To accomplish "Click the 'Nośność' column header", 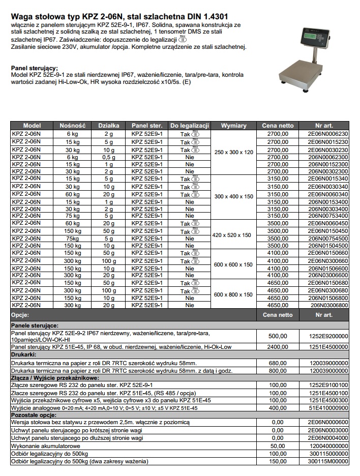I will click(x=73, y=126).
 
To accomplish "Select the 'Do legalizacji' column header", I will click(x=190, y=126).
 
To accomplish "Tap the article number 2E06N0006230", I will click(x=328, y=134).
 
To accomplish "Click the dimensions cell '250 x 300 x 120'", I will click(x=233, y=153).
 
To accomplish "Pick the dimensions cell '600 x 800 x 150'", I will click(x=233, y=294).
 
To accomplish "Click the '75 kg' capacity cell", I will click(x=73, y=215).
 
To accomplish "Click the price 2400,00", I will click(x=278, y=347).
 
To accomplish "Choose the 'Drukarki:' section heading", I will click(x=24, y=354).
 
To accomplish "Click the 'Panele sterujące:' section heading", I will click(x=35, y=324).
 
